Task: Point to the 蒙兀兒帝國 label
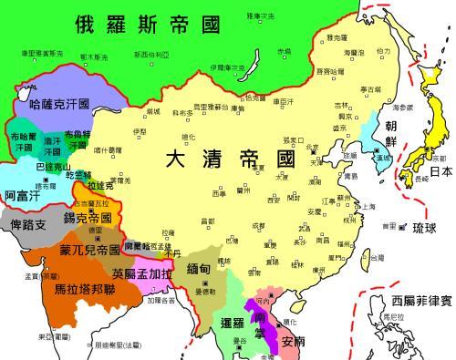[90, 249]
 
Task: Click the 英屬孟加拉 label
[142, 273]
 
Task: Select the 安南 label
[294, 343]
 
